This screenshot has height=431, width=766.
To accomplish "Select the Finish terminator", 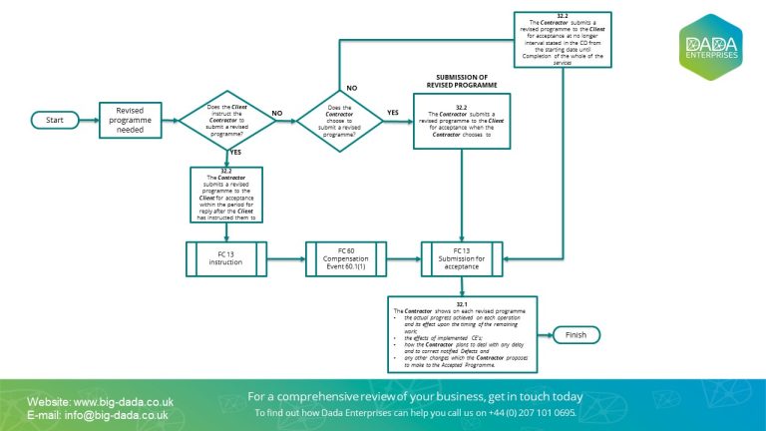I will [x=575, y=334].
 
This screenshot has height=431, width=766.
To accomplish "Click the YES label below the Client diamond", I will [x=235, y=152].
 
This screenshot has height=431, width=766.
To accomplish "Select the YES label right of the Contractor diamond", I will [x=391, y=112].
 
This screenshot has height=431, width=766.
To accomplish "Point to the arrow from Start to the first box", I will [x=87, y=120].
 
